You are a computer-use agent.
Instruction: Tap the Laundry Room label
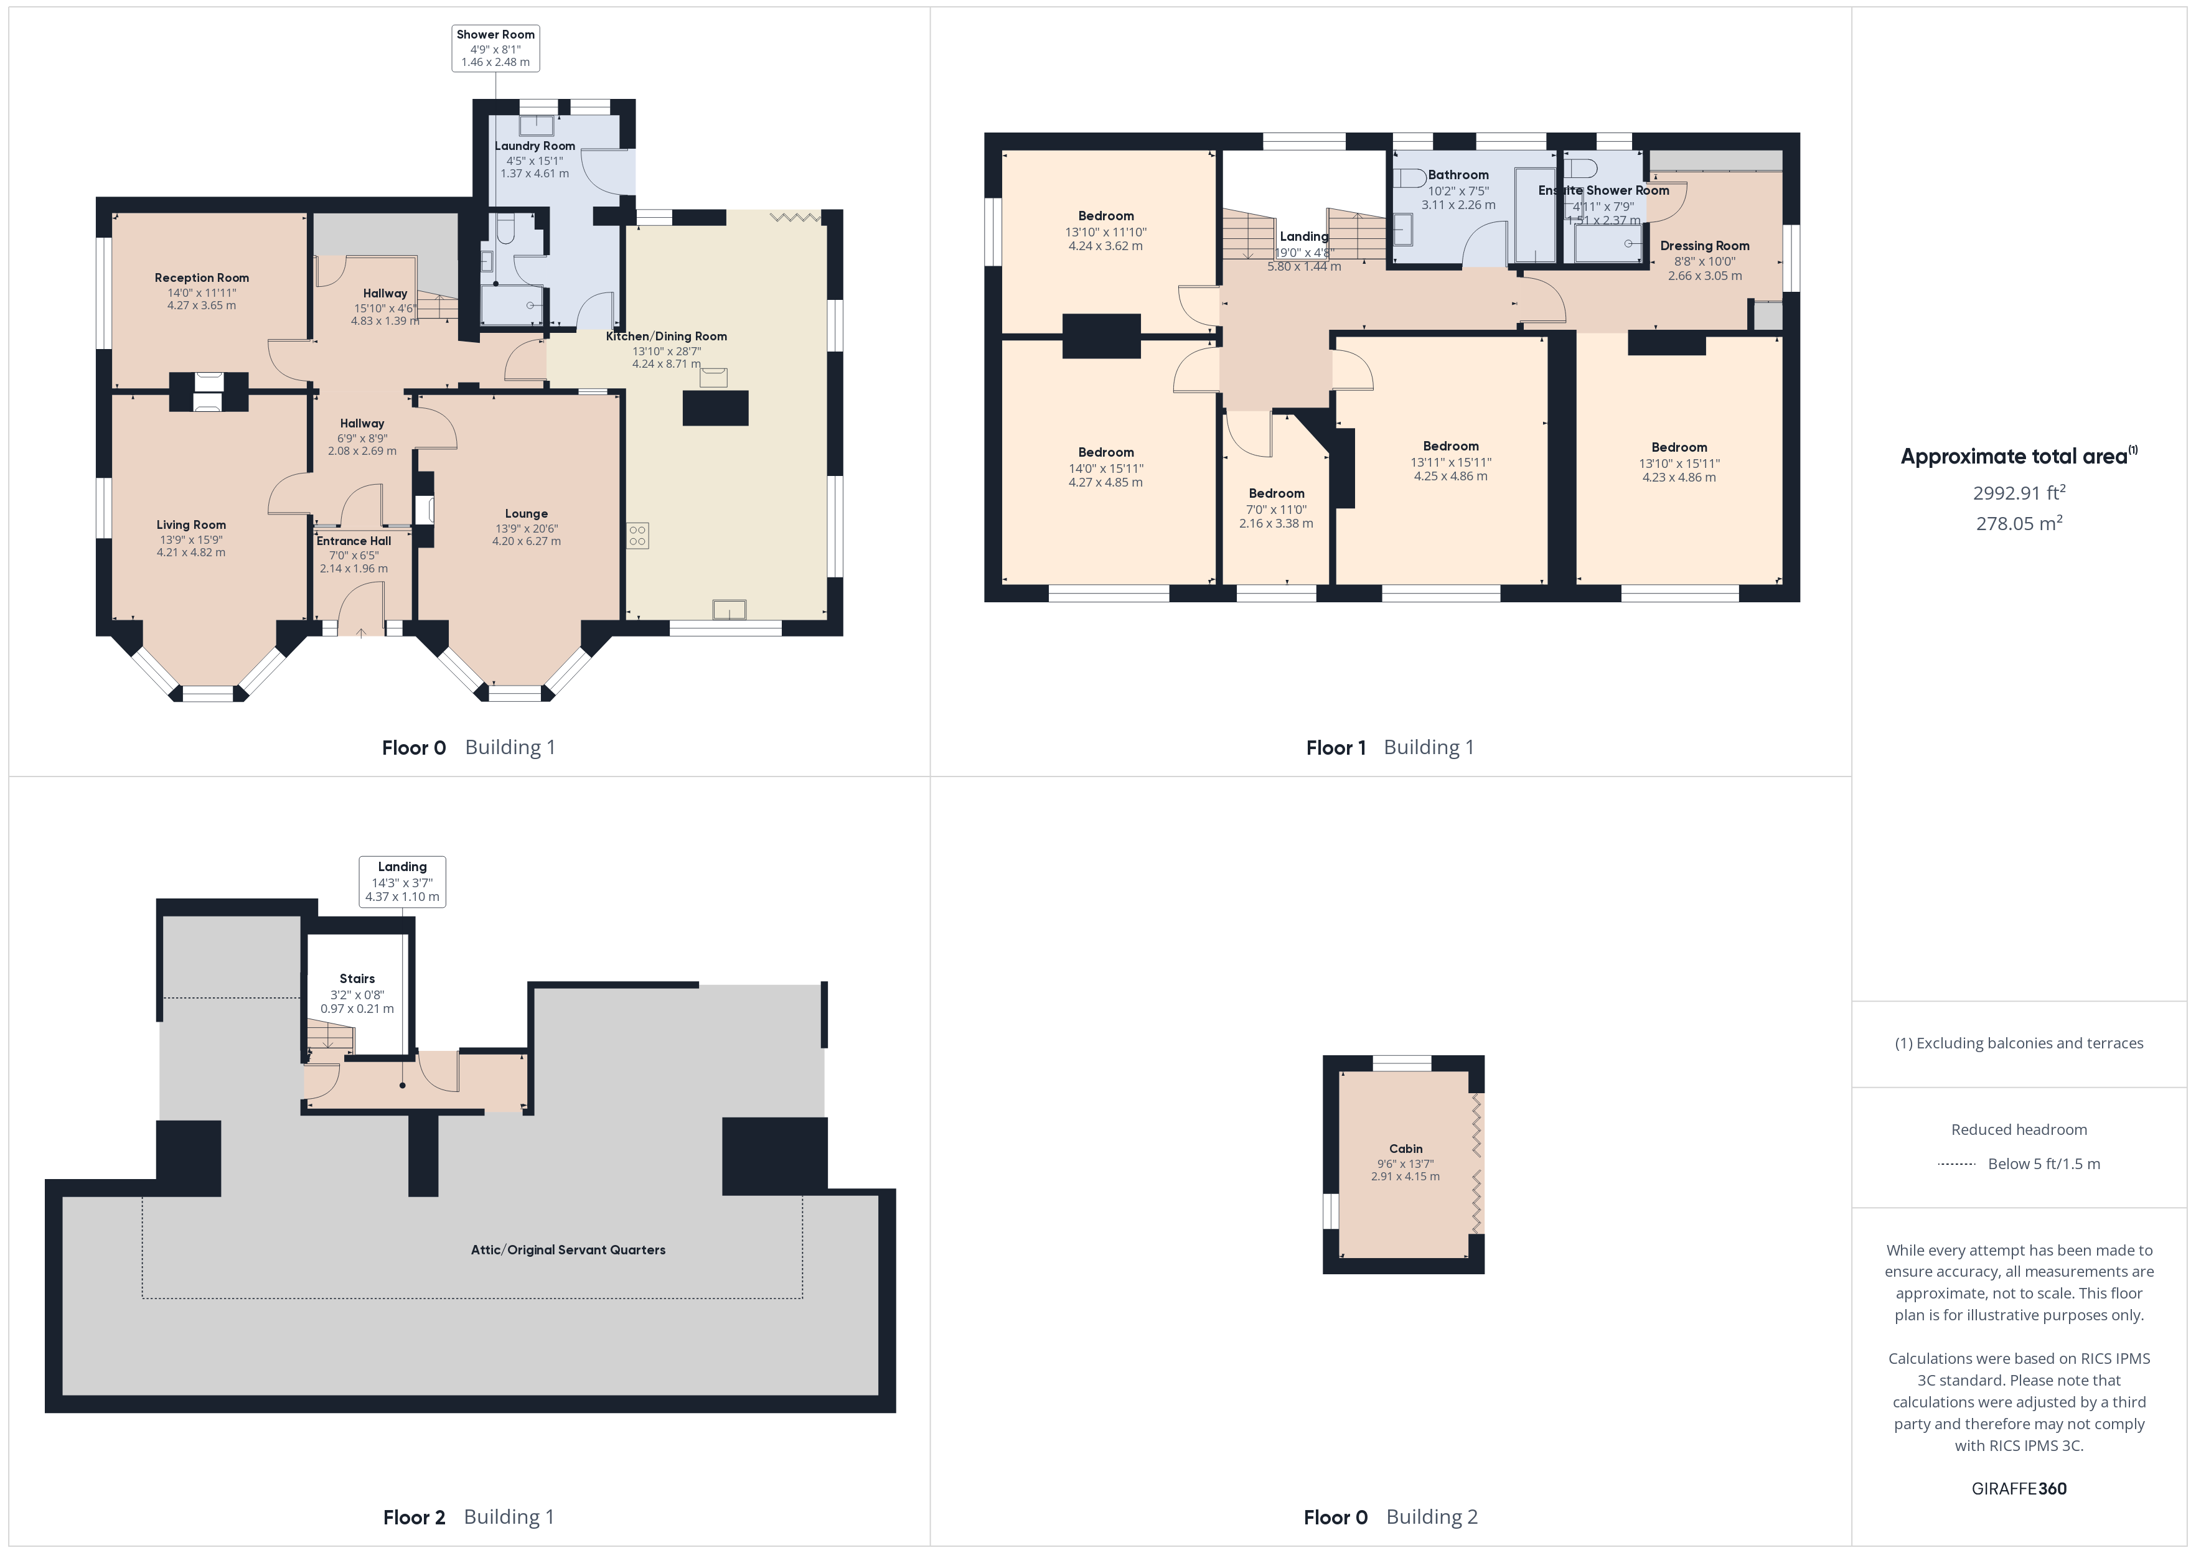pos(535,146)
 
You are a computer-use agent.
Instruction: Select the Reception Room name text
pos(202,278)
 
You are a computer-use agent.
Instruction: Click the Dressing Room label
pos(1704,246)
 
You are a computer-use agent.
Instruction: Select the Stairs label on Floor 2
pos(357,978)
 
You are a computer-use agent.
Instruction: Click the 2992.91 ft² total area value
pos(2018,493)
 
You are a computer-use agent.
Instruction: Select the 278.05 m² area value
pos(2018,524)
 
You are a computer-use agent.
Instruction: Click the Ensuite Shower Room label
pos(1603,190)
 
